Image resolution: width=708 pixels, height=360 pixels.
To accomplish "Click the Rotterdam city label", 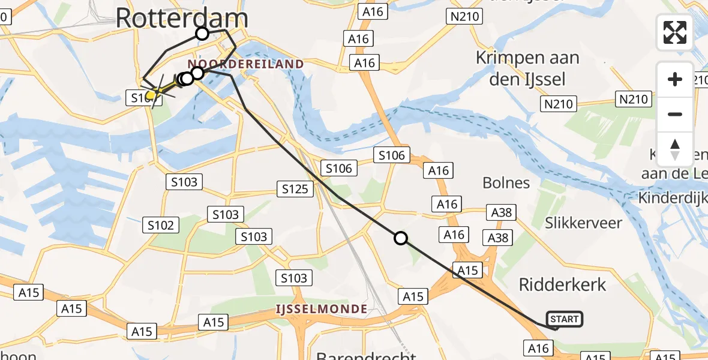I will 181,17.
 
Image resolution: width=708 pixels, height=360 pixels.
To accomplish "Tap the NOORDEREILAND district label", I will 246,64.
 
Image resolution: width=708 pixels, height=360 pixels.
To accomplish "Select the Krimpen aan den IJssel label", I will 527,68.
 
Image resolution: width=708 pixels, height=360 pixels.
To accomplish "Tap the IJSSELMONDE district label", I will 321,309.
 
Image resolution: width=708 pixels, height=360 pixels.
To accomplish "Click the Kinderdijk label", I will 672,197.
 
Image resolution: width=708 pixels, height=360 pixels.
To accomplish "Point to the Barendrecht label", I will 366,355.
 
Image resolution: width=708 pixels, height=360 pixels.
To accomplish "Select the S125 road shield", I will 296,190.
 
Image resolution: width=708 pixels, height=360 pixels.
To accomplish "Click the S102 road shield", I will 161,225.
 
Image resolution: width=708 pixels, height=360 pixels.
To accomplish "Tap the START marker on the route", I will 563,319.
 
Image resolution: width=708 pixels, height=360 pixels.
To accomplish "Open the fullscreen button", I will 675,32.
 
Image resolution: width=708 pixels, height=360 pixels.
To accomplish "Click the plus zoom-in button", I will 675,79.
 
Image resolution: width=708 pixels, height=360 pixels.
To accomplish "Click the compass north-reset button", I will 675,149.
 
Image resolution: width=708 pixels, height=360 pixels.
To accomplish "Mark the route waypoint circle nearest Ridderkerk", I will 401,238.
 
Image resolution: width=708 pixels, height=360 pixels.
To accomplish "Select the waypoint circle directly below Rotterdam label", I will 202,34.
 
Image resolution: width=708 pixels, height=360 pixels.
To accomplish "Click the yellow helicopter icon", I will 152,94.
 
